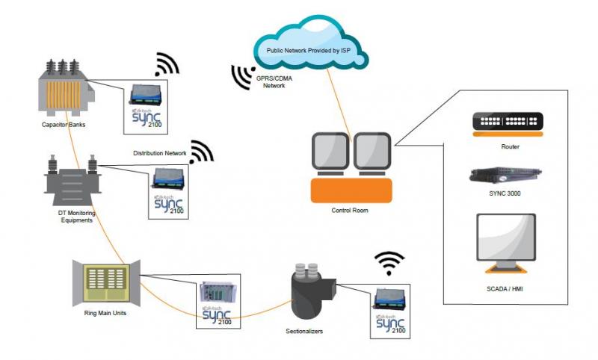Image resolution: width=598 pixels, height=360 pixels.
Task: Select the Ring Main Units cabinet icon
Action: pyautogui.click(x=105, y=281)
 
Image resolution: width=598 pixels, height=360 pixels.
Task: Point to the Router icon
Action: pyautogui.click(x=507, y=122)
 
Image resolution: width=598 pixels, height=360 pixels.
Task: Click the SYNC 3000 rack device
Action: pyautogui.click(x=505, y=176)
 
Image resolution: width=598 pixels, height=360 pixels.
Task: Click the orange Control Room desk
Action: pyautogui.click(x=350, y=190)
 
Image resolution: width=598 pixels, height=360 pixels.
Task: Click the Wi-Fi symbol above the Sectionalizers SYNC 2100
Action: pyautogui.click(x=389, y=263)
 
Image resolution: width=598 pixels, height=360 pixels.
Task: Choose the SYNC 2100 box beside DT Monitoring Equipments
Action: pyautogui.click(x=167, y=191)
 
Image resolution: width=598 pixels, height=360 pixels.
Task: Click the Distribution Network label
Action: pyautogui.click(x=159, y=154)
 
